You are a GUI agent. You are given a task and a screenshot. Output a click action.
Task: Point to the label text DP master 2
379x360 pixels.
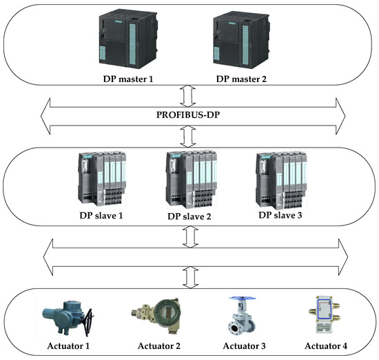242,79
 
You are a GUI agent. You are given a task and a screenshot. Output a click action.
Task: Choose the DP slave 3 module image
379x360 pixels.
280,177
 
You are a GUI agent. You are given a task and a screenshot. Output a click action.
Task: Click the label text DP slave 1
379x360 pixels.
110,214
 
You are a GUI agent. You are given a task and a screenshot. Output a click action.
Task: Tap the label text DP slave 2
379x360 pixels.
191,216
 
